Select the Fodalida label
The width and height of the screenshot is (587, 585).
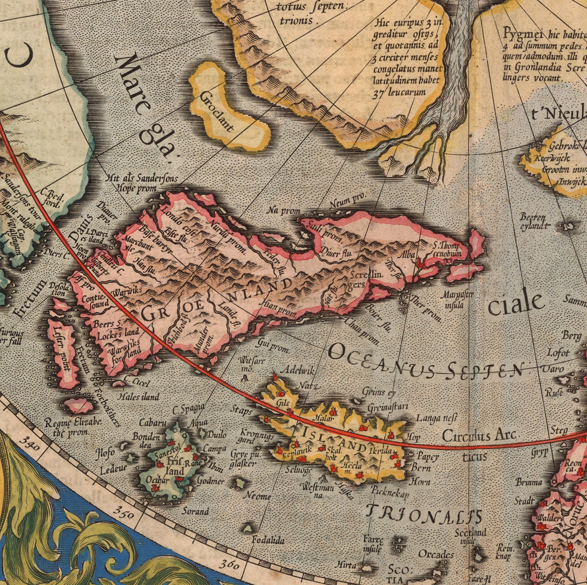point(268,540)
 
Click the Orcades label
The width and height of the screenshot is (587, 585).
point(436,554)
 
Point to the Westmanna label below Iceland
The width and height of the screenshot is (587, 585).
point(318,491)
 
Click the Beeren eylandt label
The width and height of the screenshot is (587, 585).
point(533,221)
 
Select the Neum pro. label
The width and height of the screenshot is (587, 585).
point(347,199)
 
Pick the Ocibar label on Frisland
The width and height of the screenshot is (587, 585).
point(157,480)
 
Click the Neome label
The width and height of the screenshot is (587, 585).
point(259,496)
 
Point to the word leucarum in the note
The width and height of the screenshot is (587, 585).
point(407,92)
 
